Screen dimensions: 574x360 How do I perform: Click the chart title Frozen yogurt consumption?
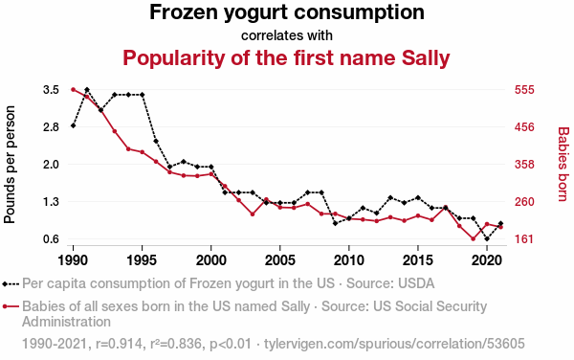tap(287, 12)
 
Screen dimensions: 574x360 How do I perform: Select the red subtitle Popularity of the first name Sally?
tap(286, 57)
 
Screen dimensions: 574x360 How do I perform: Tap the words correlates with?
tap(287, 35)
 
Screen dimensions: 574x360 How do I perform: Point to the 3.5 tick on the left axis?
tap(52, 90)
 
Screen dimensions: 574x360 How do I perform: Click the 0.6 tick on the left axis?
tap(52, 239)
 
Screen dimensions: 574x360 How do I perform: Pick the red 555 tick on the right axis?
tap(524, 90)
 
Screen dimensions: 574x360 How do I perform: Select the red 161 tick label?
tap(524, 239)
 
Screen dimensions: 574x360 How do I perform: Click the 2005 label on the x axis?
tap(280, 260)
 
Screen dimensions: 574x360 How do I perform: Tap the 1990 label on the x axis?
tap(74, 260)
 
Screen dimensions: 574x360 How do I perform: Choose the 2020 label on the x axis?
tap(487, 260)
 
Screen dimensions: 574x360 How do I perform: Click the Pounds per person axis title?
tap(10, 165)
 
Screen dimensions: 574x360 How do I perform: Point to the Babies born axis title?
tap(563, 164)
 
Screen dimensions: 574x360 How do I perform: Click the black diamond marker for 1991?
tap(87, 90)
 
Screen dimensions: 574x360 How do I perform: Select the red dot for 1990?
tap(74, 90)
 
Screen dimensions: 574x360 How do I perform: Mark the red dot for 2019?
tap(473, 239)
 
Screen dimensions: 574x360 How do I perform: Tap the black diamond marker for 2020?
tap(487, 239)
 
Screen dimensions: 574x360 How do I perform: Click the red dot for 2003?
tap(253, 214)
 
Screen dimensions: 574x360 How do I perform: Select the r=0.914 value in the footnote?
tap(119, 344)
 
